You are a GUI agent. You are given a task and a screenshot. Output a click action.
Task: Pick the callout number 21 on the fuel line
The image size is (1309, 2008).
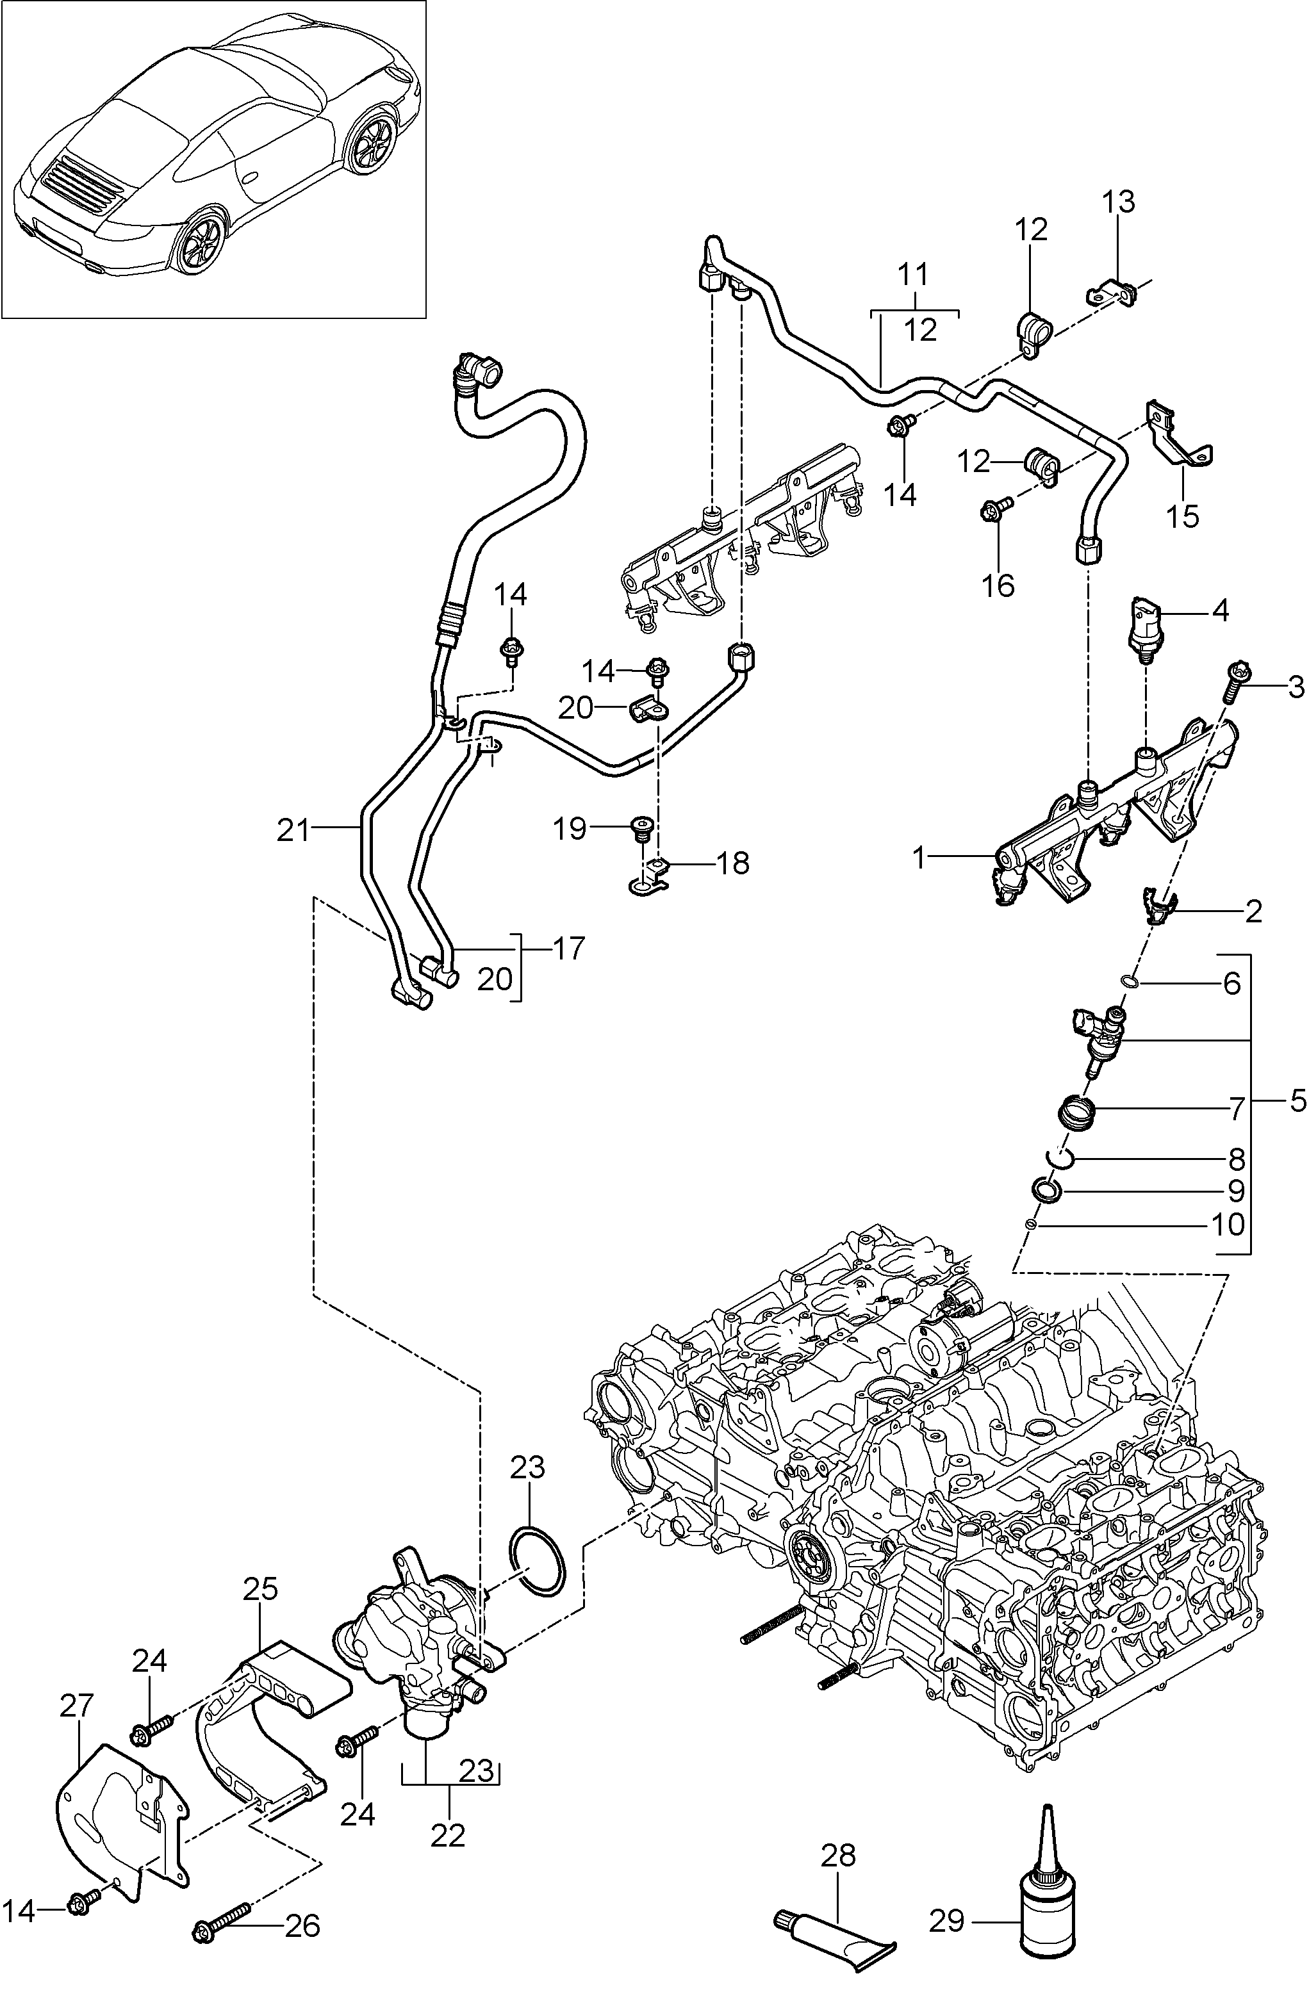(295, 830)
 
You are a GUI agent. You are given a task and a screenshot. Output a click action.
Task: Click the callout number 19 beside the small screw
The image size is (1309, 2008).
(570, 829)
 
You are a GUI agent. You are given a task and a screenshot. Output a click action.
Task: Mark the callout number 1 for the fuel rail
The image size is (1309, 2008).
(920, 859)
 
